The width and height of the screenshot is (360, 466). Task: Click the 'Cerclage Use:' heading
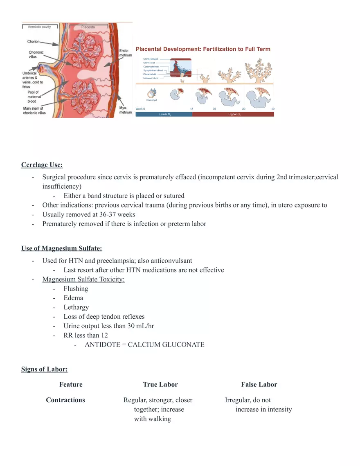tap(42, 165)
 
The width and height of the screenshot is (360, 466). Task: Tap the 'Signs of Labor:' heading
tap(44, 369)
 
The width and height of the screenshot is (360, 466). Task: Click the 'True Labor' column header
tap(160, 385)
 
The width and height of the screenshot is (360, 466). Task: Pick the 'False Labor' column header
tap(259, 385)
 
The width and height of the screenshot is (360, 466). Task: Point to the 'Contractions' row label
tap(65, 400)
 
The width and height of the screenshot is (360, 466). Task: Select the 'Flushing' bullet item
tap(76, 288)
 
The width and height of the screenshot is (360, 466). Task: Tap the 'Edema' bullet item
tap(73, 298)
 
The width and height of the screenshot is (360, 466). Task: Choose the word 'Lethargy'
tap(76, 307)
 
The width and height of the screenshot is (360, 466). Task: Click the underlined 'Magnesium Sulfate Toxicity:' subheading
tap(83, 279)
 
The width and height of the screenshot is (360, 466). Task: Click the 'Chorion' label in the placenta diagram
tap(34, 41)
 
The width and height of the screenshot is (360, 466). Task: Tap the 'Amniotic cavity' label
tap(39, 27)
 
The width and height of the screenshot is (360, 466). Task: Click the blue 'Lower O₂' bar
tap(164, 115)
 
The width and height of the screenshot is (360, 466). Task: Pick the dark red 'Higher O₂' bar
tap(233, 115)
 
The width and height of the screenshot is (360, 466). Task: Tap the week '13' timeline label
tap(192, 109)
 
